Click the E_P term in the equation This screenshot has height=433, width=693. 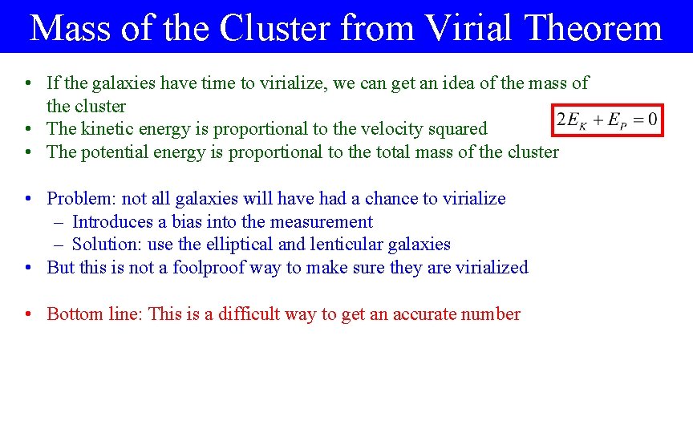pos(617,119)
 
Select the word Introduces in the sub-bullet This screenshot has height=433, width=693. pos(111,222)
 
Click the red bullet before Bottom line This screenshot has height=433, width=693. pos(28,314)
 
